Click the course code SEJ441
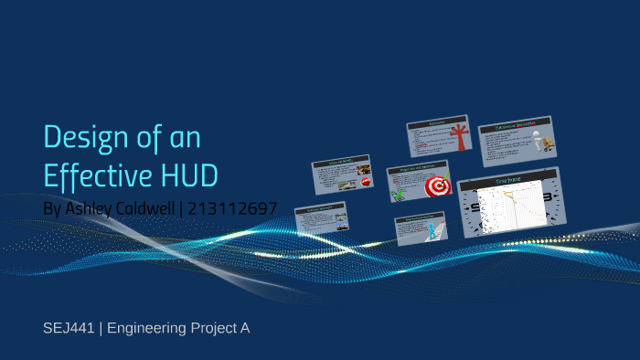(x=69, y=327)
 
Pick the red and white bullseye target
(x=438, y=186)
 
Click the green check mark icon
(x=399, y=193)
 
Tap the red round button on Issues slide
(x=365, y=182)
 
